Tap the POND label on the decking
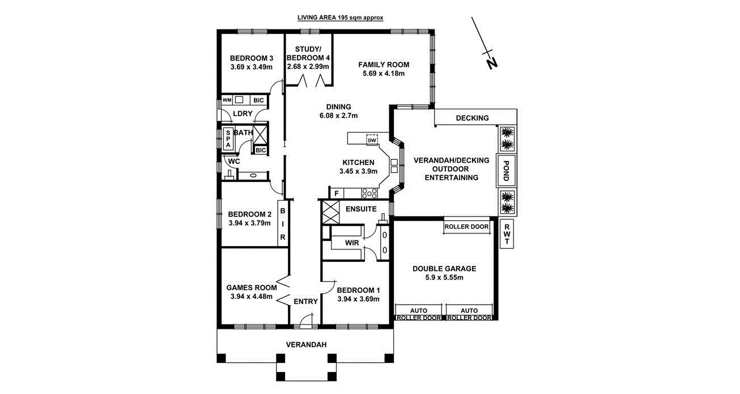(507, 170)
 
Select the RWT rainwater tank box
(507, 234)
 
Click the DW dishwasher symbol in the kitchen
(372, 140)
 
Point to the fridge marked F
(337, 194)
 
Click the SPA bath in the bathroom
(228, 138)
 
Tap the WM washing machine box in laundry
(227, 100)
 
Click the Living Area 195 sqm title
(341, 18)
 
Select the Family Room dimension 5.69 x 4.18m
(384, 74)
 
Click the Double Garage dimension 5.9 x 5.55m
(444, 278)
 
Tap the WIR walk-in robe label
(352, 243)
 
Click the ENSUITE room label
(361, 209)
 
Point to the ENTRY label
(305, 302)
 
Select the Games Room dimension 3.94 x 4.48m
(252, 296)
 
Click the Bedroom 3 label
(252, 58)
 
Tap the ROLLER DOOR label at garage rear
(466, 226)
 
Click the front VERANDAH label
(306, 345)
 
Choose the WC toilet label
(233, 161)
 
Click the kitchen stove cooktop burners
(369, 193)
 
